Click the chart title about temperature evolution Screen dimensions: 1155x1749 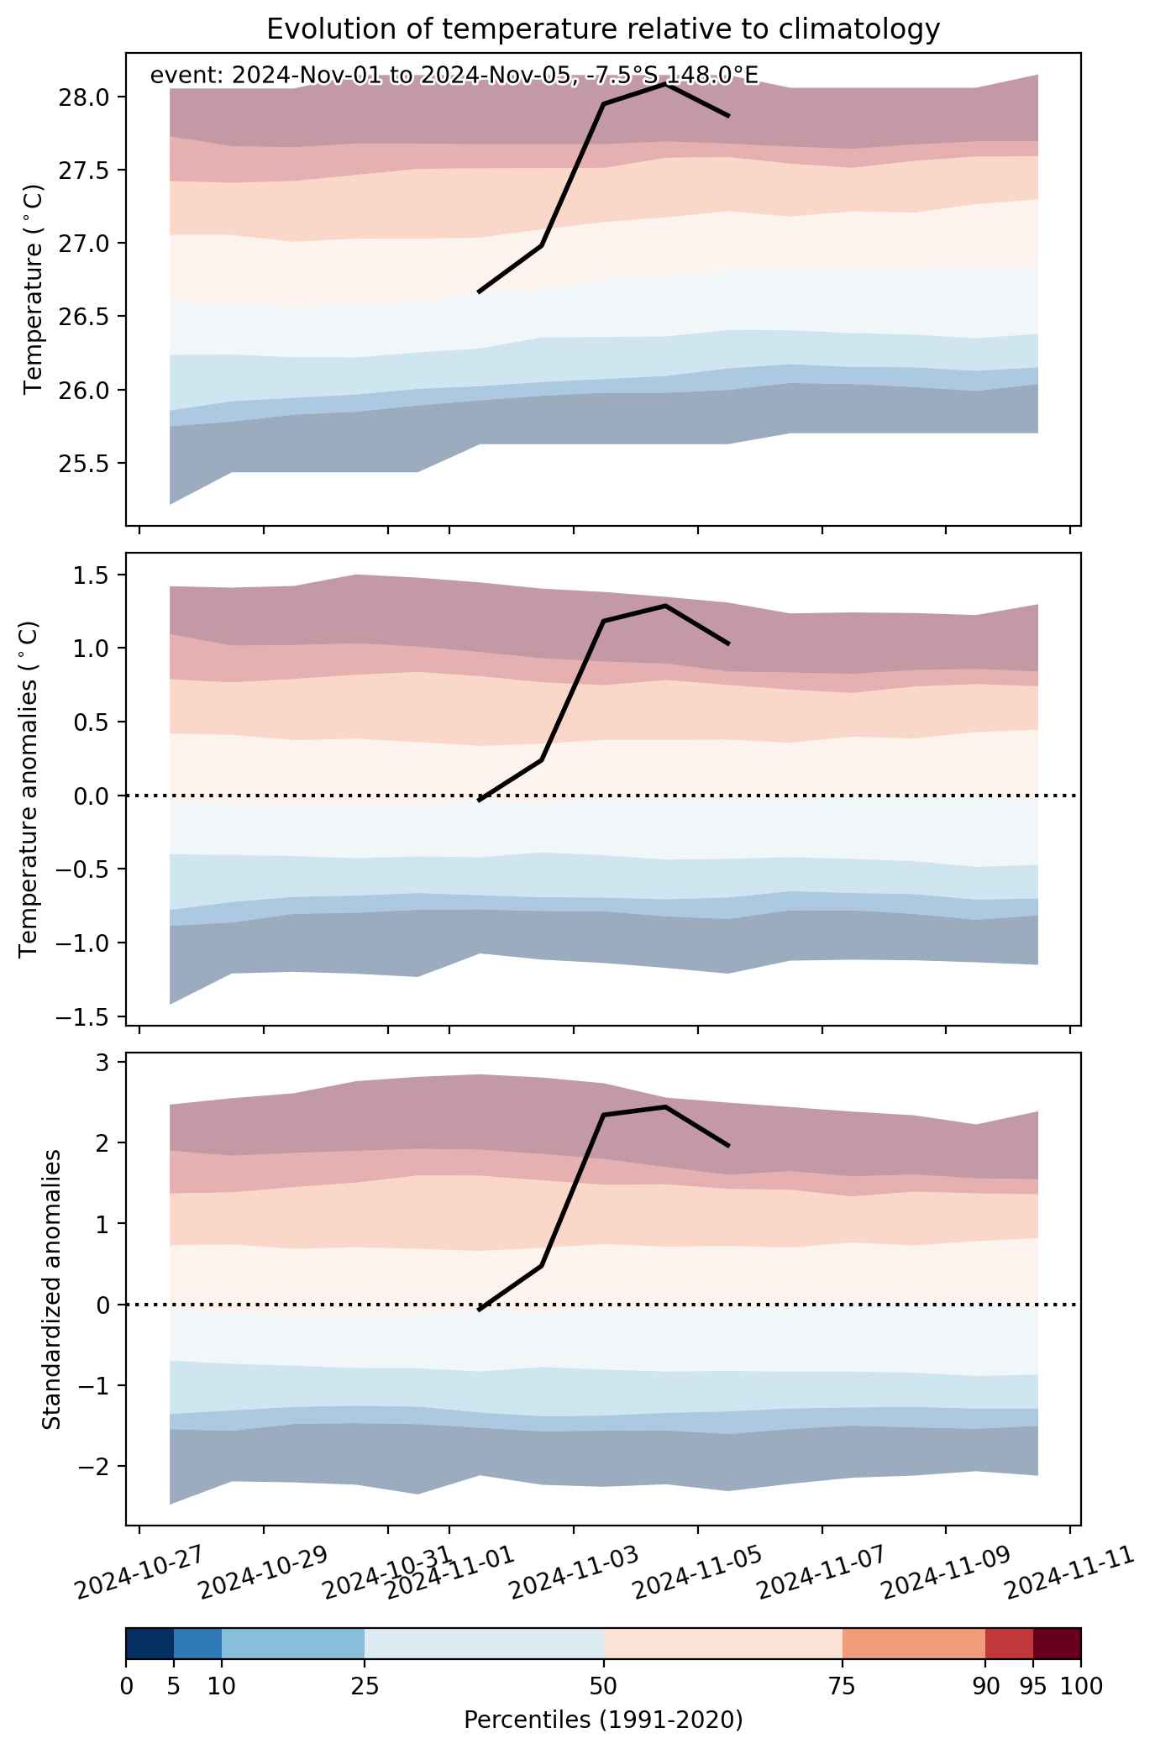coord(603,29)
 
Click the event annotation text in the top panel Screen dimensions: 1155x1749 coord(454,76)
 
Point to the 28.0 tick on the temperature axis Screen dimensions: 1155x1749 coord(83,97)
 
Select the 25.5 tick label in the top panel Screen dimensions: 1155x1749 coord(83,463)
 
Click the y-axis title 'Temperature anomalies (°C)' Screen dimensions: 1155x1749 coord(29,789)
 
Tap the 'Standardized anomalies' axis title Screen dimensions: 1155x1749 coord(52,1289)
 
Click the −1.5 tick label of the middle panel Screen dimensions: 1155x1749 coord(83,1016)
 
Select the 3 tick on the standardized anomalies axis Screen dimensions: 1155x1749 coord(102,1062)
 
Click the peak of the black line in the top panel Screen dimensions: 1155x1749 coord(665,84)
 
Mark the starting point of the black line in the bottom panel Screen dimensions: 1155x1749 coord(479,1310)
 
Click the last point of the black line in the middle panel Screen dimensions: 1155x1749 coord(728,643)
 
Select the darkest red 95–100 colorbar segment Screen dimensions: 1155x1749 coord(1057,1642)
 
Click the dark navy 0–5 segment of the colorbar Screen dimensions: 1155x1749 coord(150,1642)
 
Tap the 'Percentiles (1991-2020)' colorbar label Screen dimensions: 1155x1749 coord(603,1720)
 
